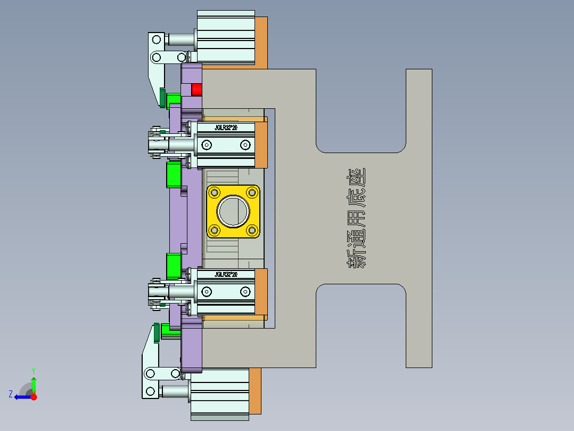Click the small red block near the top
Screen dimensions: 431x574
pyautogui.click(x=197, y=90)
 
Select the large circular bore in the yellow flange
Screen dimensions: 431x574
pyautogui.click(x=233, y=211)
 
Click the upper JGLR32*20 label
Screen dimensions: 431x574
pyautogui.click(x=226, y=128)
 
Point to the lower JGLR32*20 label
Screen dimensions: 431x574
pyautogui.click(x=226, y=274)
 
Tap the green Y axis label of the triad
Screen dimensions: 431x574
pyautogui.click(x=33, y=370)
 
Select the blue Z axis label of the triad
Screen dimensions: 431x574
pyautogui.click(x=11, y=394)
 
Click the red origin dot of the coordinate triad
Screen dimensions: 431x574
pyautogui.click(x=34, y=397)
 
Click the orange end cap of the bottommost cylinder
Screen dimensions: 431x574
pyautogui.click(x=255, y=391)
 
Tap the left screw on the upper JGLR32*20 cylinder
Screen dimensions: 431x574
pyautogui.click(x=207, y=145)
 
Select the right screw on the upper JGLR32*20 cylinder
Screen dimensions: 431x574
pyautogui.click(x=245, y=145)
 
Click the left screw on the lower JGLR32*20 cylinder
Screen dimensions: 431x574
pyautogui.click(x=207, y=291)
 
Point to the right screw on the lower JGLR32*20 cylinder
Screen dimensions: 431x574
pyautogui.click(x=245, y=291)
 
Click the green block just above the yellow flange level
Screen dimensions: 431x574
pyautogui.click(x=174, y=175)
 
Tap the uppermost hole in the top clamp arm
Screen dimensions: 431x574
pyautogui.click(x=157, y=39)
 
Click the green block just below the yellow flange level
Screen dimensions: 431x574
pyautogui.click(x=174, y=266)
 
